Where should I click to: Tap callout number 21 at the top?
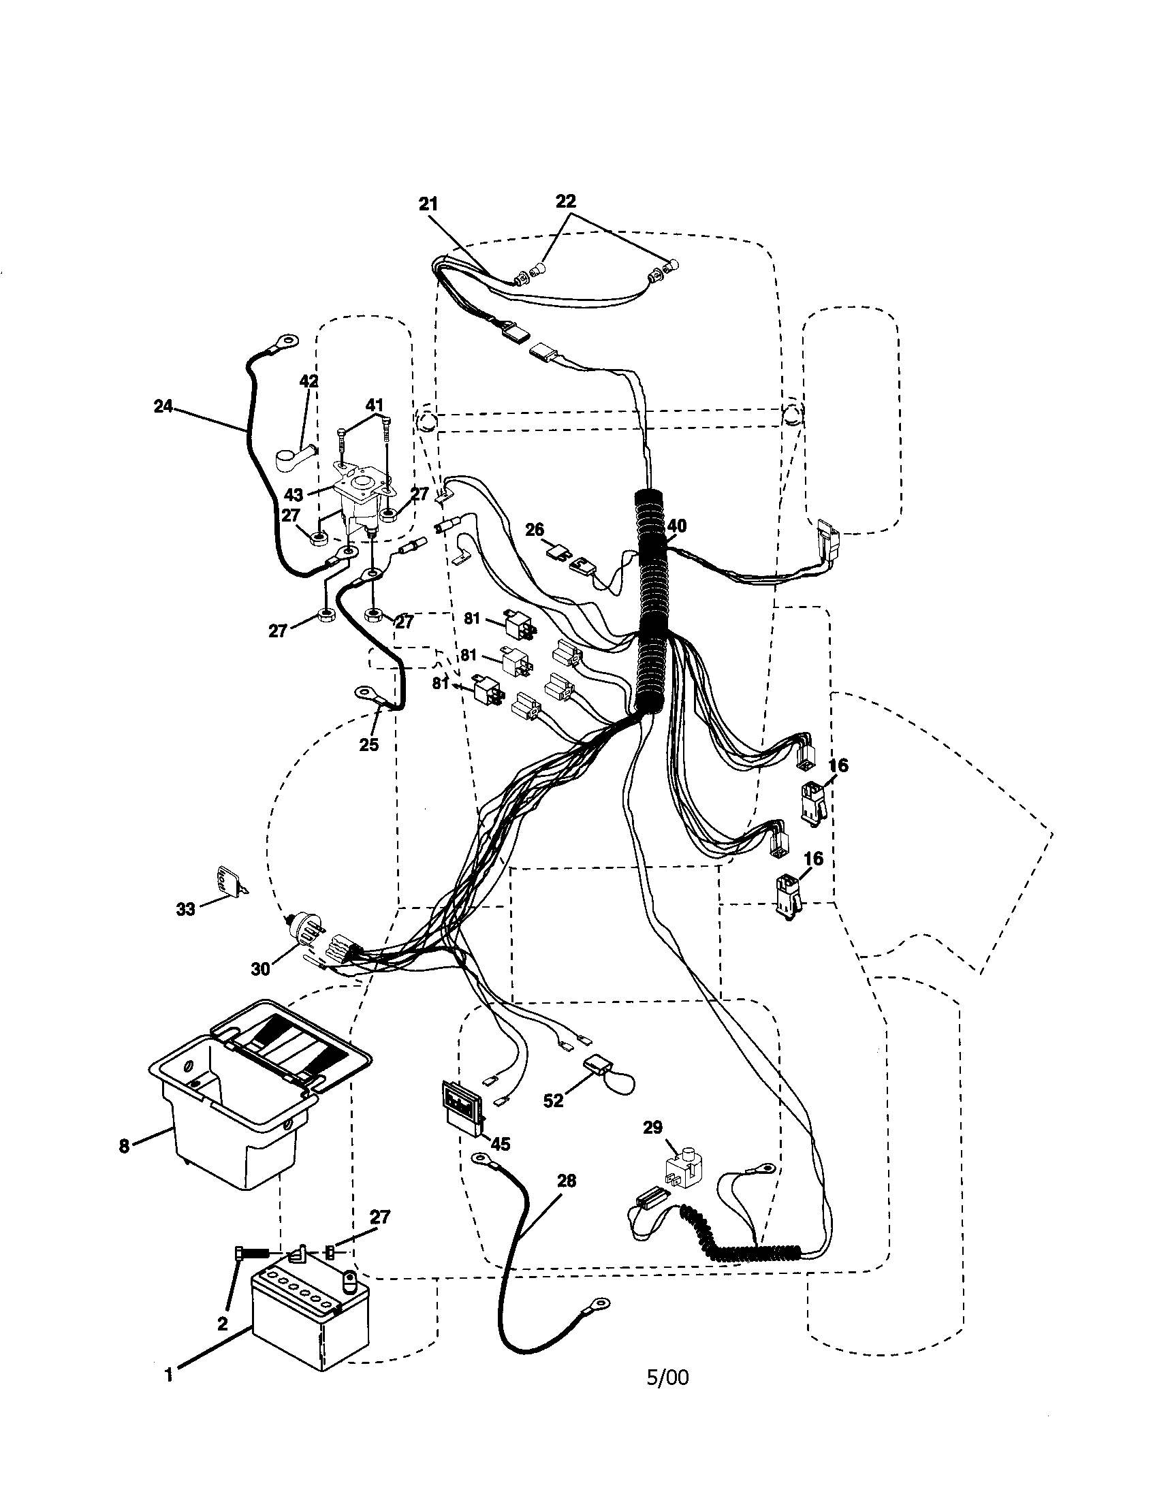[x=428, y=204]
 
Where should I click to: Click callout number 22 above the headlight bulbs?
[x=565, y=201]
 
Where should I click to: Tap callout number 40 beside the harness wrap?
[x=676, y=526]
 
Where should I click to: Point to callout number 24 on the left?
[x=163, y=406]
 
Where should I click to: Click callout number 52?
[x=553, y=1100]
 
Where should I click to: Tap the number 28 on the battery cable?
[x=567, y=1181]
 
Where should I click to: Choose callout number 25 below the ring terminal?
[x=369, y=744]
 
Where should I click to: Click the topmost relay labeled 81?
[x=516, y=623]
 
